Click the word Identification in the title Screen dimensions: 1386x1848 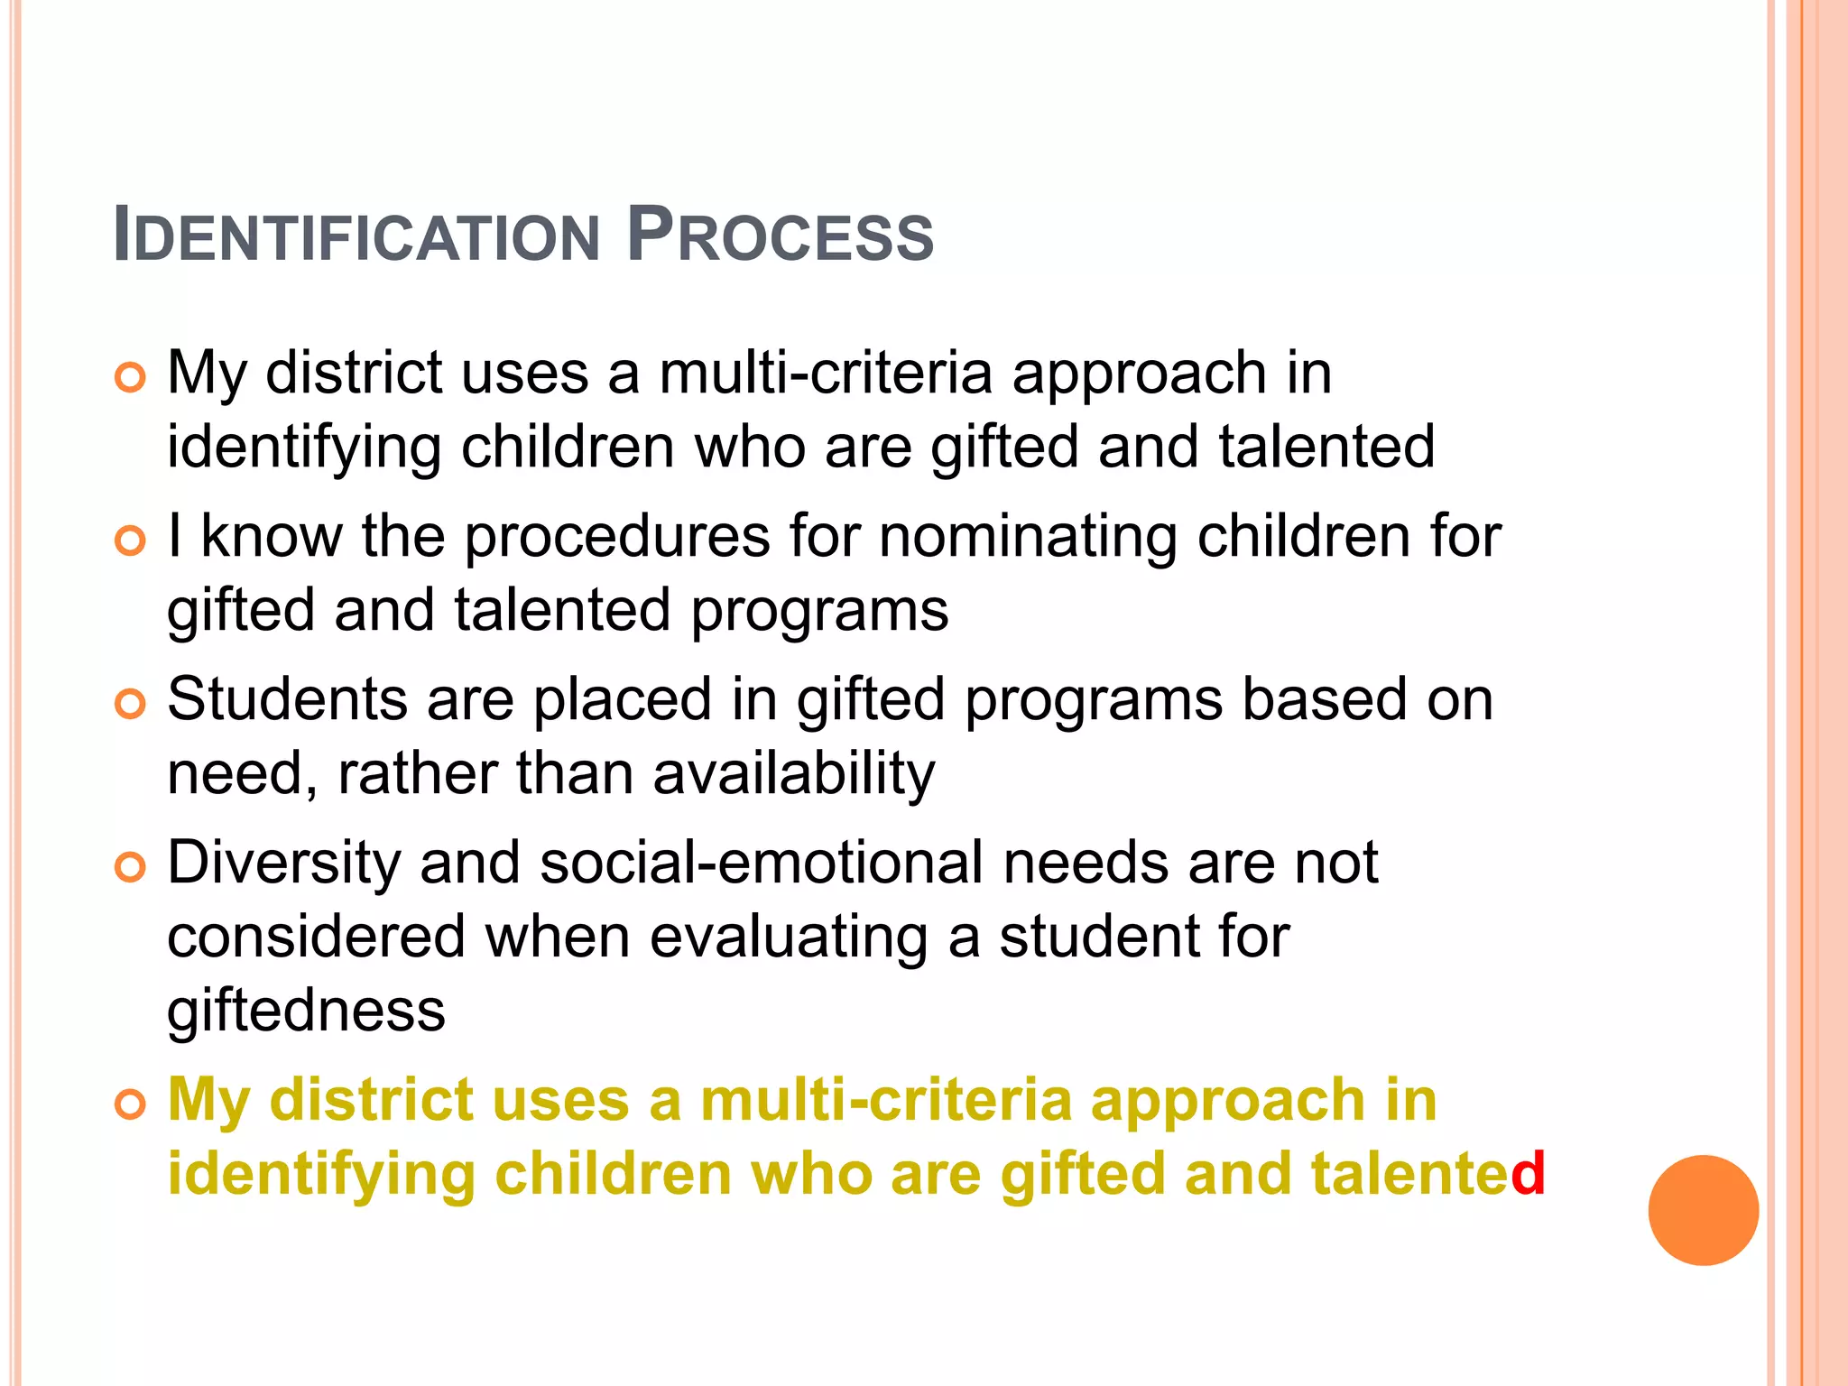point(356,236)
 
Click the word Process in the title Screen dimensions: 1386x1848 point(780,236)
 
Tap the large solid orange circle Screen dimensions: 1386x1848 point(1703,1210)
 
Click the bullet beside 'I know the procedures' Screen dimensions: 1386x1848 point(131,541)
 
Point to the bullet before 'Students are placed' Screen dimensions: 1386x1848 point(131,705)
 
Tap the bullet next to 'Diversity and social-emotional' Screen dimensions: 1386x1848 point(131,868)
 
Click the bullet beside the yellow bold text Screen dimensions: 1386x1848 point(131,1105)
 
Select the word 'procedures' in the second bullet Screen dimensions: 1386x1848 point(617,538)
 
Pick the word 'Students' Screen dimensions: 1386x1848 point(287,700)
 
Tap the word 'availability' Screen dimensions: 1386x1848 point(794,774)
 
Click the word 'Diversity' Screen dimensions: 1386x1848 point(283,864)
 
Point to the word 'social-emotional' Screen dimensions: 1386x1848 point(762,864)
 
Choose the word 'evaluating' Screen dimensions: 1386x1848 point(788,938)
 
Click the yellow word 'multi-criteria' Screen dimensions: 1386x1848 point(885,1101)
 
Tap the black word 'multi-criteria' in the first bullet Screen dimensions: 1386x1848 point(826,374)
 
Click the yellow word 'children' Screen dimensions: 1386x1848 point(613,1174)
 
